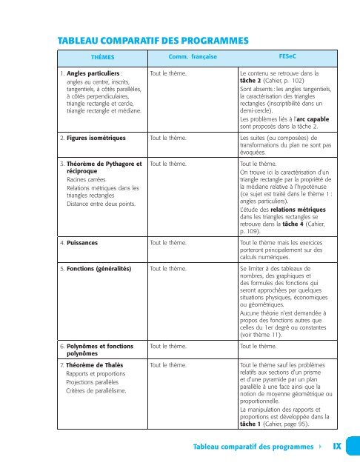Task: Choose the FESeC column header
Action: (287, 56)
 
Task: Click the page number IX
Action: (336, 447)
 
